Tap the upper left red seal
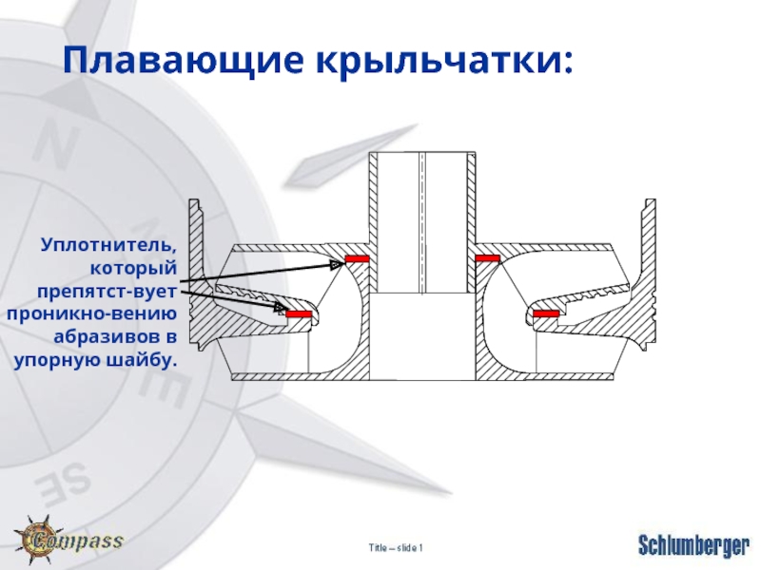click(358, 258)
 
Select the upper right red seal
click(488, 258)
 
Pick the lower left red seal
click(299, 313)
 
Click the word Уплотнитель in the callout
click(108, 247)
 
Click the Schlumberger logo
click(693, 545)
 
